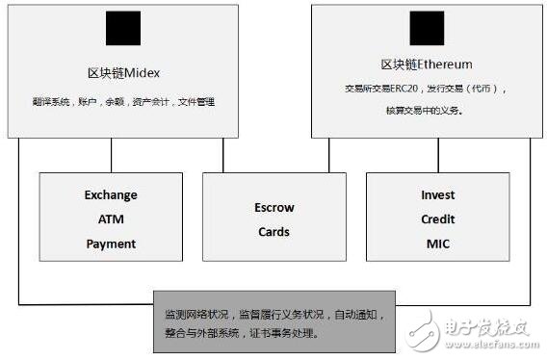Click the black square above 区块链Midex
pos(122,30)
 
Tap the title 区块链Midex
pos(122,73)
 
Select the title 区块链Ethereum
pos(426,64)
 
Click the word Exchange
pos(111,194)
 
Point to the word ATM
pos(111,219)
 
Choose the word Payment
pos(111,243)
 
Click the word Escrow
pos(274,207)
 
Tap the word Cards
pos(274,231)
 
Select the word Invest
pos(438,194)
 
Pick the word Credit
pos(438,219)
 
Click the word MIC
pos(438,243)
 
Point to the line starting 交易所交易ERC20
pos(425,88)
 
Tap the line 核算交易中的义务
pos(425,111)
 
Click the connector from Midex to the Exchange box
pos(111,155)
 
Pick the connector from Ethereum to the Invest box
pos(438,155)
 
